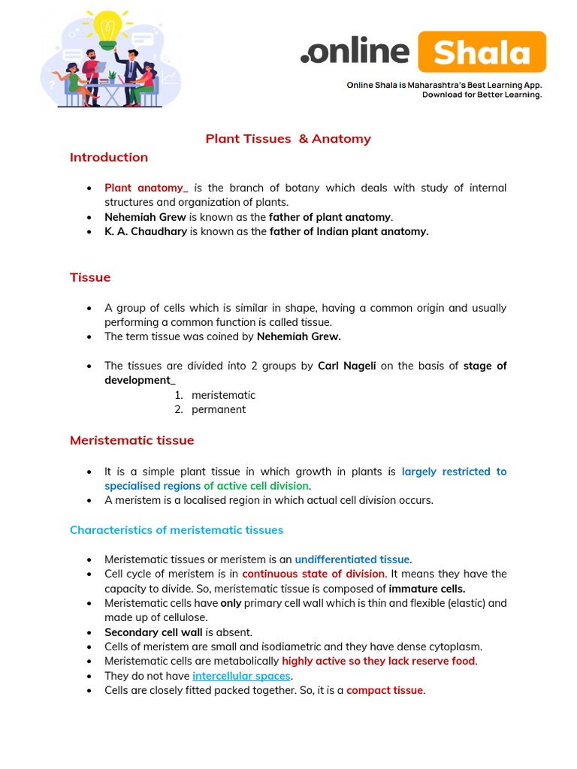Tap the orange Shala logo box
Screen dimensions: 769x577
482,53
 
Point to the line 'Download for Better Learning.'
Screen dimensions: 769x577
482,95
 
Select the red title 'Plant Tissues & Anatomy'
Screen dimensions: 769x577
288,139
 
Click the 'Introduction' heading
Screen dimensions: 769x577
109,157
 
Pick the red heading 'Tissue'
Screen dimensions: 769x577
90,277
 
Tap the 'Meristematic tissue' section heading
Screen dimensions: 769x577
131,440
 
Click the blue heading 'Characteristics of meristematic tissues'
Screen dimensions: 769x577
177,530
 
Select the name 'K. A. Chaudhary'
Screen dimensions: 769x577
146,231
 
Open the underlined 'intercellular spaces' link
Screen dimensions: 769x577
241,676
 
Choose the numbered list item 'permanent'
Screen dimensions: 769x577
219,409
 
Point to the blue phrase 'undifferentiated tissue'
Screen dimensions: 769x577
352,559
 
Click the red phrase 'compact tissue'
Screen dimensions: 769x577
385,690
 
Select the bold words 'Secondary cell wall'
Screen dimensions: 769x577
153,632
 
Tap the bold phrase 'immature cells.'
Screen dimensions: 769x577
427,589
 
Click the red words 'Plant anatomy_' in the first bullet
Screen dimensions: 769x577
147,188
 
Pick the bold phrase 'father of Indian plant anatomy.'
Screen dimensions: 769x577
349,231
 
